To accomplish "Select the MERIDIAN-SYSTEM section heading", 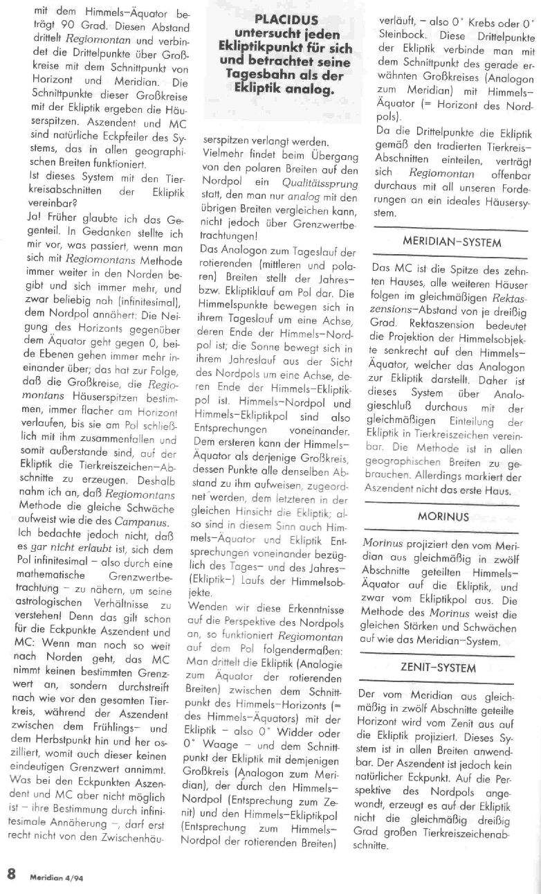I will pos(453,243).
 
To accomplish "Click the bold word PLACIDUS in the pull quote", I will pos(284,21).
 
